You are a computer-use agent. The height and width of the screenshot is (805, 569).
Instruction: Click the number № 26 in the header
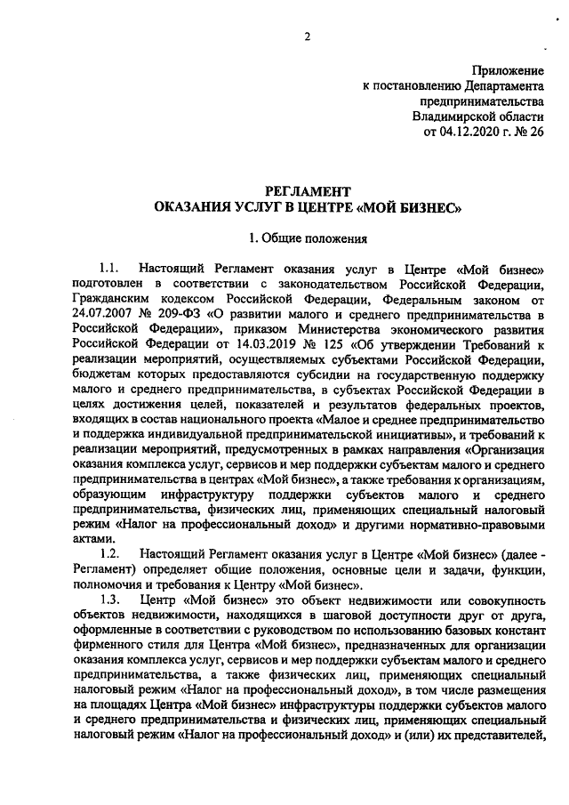525,133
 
